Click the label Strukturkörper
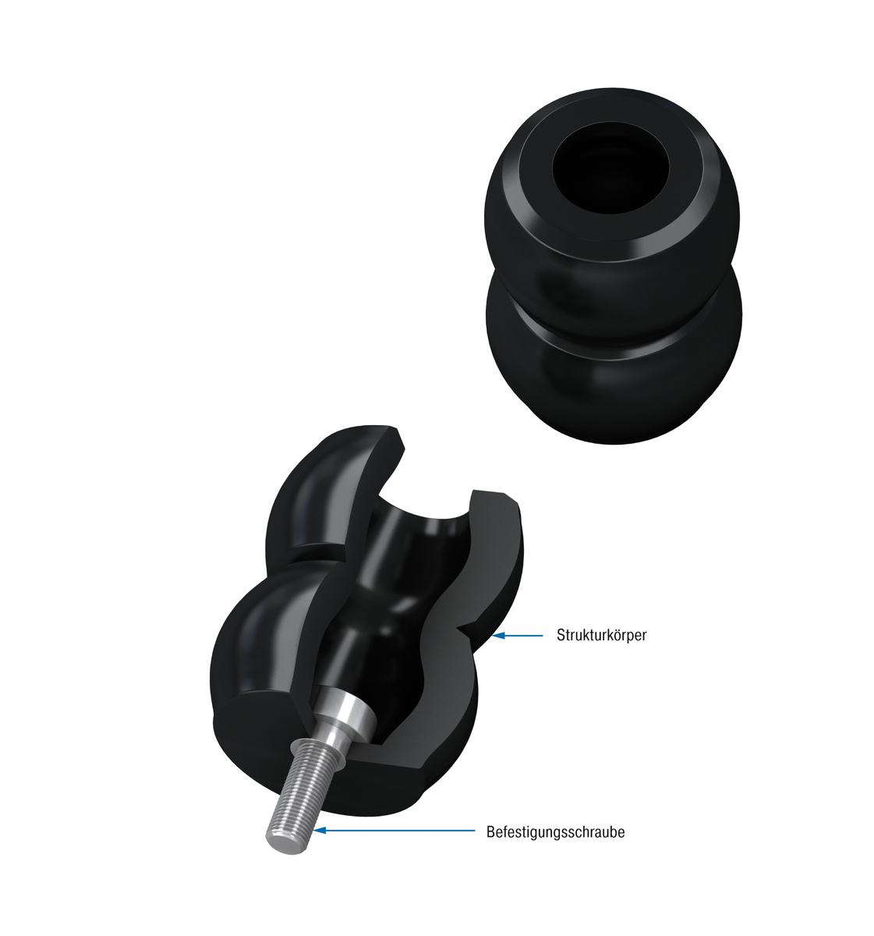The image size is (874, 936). pyautogui.click(x=601, y=635)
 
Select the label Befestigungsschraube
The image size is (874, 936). pyautogui.click(x=555, y=832)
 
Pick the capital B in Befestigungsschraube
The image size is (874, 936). pyautogui.click(x=490, y=832)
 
